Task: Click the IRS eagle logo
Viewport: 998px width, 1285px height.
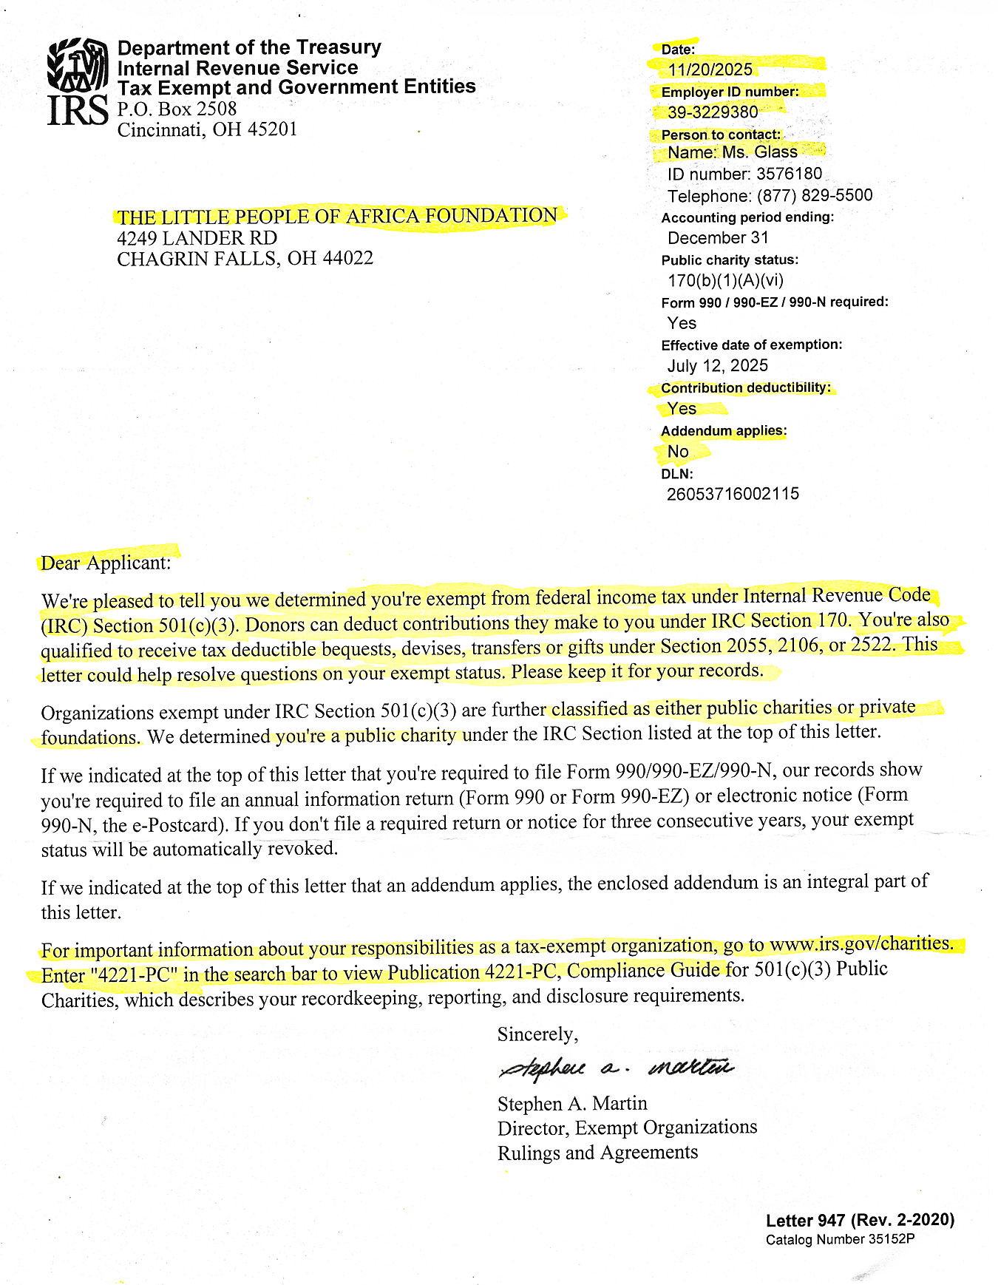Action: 78,65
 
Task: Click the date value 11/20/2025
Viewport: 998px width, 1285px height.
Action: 710,69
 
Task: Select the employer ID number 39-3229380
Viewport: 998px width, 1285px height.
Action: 713,112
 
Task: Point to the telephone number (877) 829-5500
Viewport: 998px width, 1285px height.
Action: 814,196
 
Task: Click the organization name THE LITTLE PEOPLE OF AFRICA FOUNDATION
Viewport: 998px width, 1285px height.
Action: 337,217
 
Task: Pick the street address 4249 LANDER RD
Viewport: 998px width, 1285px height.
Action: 197,238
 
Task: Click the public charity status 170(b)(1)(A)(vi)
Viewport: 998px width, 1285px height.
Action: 725,281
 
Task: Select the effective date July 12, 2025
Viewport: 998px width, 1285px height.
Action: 717,366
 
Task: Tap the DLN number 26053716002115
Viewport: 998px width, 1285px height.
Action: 733,494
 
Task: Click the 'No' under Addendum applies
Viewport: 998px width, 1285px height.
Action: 678,452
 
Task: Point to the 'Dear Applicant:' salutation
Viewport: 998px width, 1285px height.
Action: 106,563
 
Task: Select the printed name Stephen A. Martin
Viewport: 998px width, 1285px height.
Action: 572,1104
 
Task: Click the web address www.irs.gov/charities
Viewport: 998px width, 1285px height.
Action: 861,944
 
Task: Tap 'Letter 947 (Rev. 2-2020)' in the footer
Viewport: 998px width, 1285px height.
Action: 860,1220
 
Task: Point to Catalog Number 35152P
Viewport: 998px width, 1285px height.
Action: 840,1239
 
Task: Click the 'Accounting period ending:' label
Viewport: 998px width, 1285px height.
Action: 747,217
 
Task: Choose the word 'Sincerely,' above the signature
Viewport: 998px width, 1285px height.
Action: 537,1034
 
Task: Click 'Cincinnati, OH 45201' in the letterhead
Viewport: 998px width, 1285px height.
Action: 207,130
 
